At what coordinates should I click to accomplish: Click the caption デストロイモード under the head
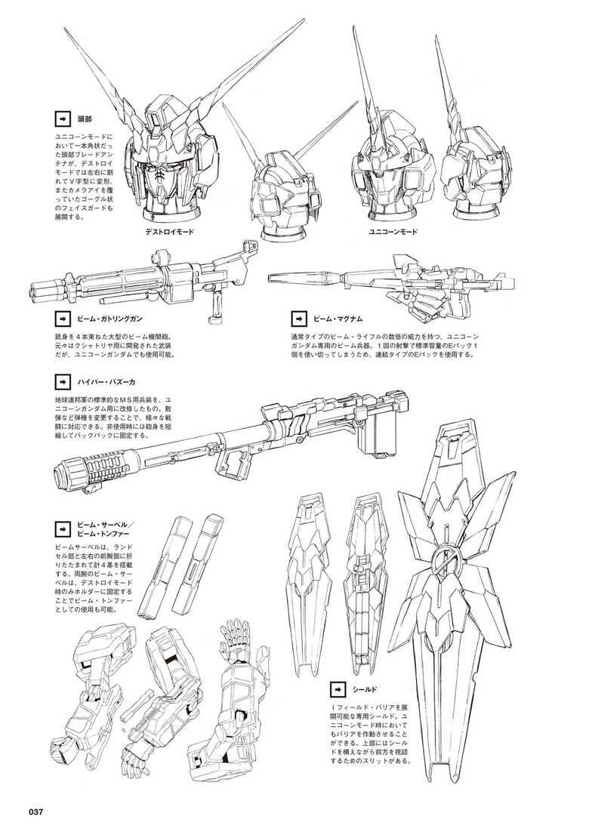[171, 232]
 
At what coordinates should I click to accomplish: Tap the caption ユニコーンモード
[393, 232]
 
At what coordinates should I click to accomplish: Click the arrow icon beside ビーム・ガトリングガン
[62, 319]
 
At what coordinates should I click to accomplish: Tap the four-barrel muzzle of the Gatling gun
[39, 286]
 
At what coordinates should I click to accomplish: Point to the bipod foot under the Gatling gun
[214, 319]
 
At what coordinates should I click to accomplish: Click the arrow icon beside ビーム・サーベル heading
[62, 528]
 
